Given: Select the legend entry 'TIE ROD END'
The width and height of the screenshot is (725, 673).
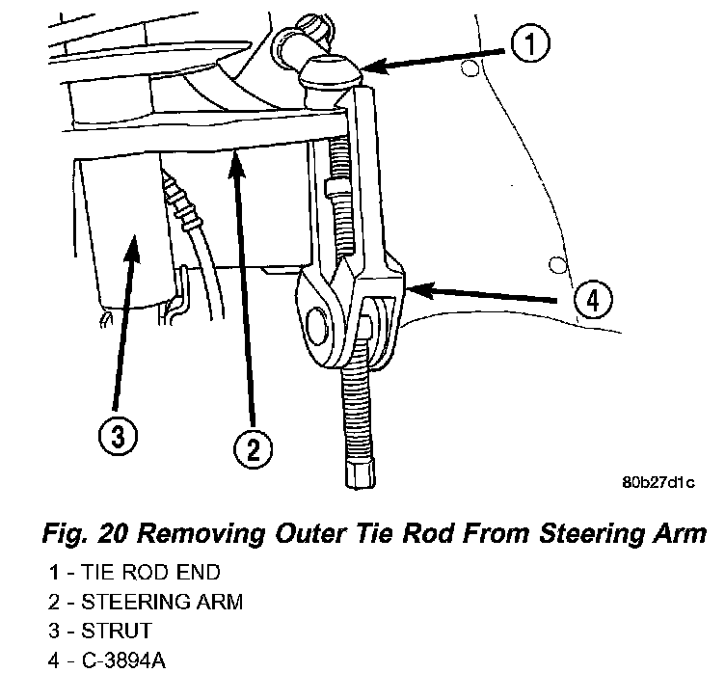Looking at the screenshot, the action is click(x=140, y=573).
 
